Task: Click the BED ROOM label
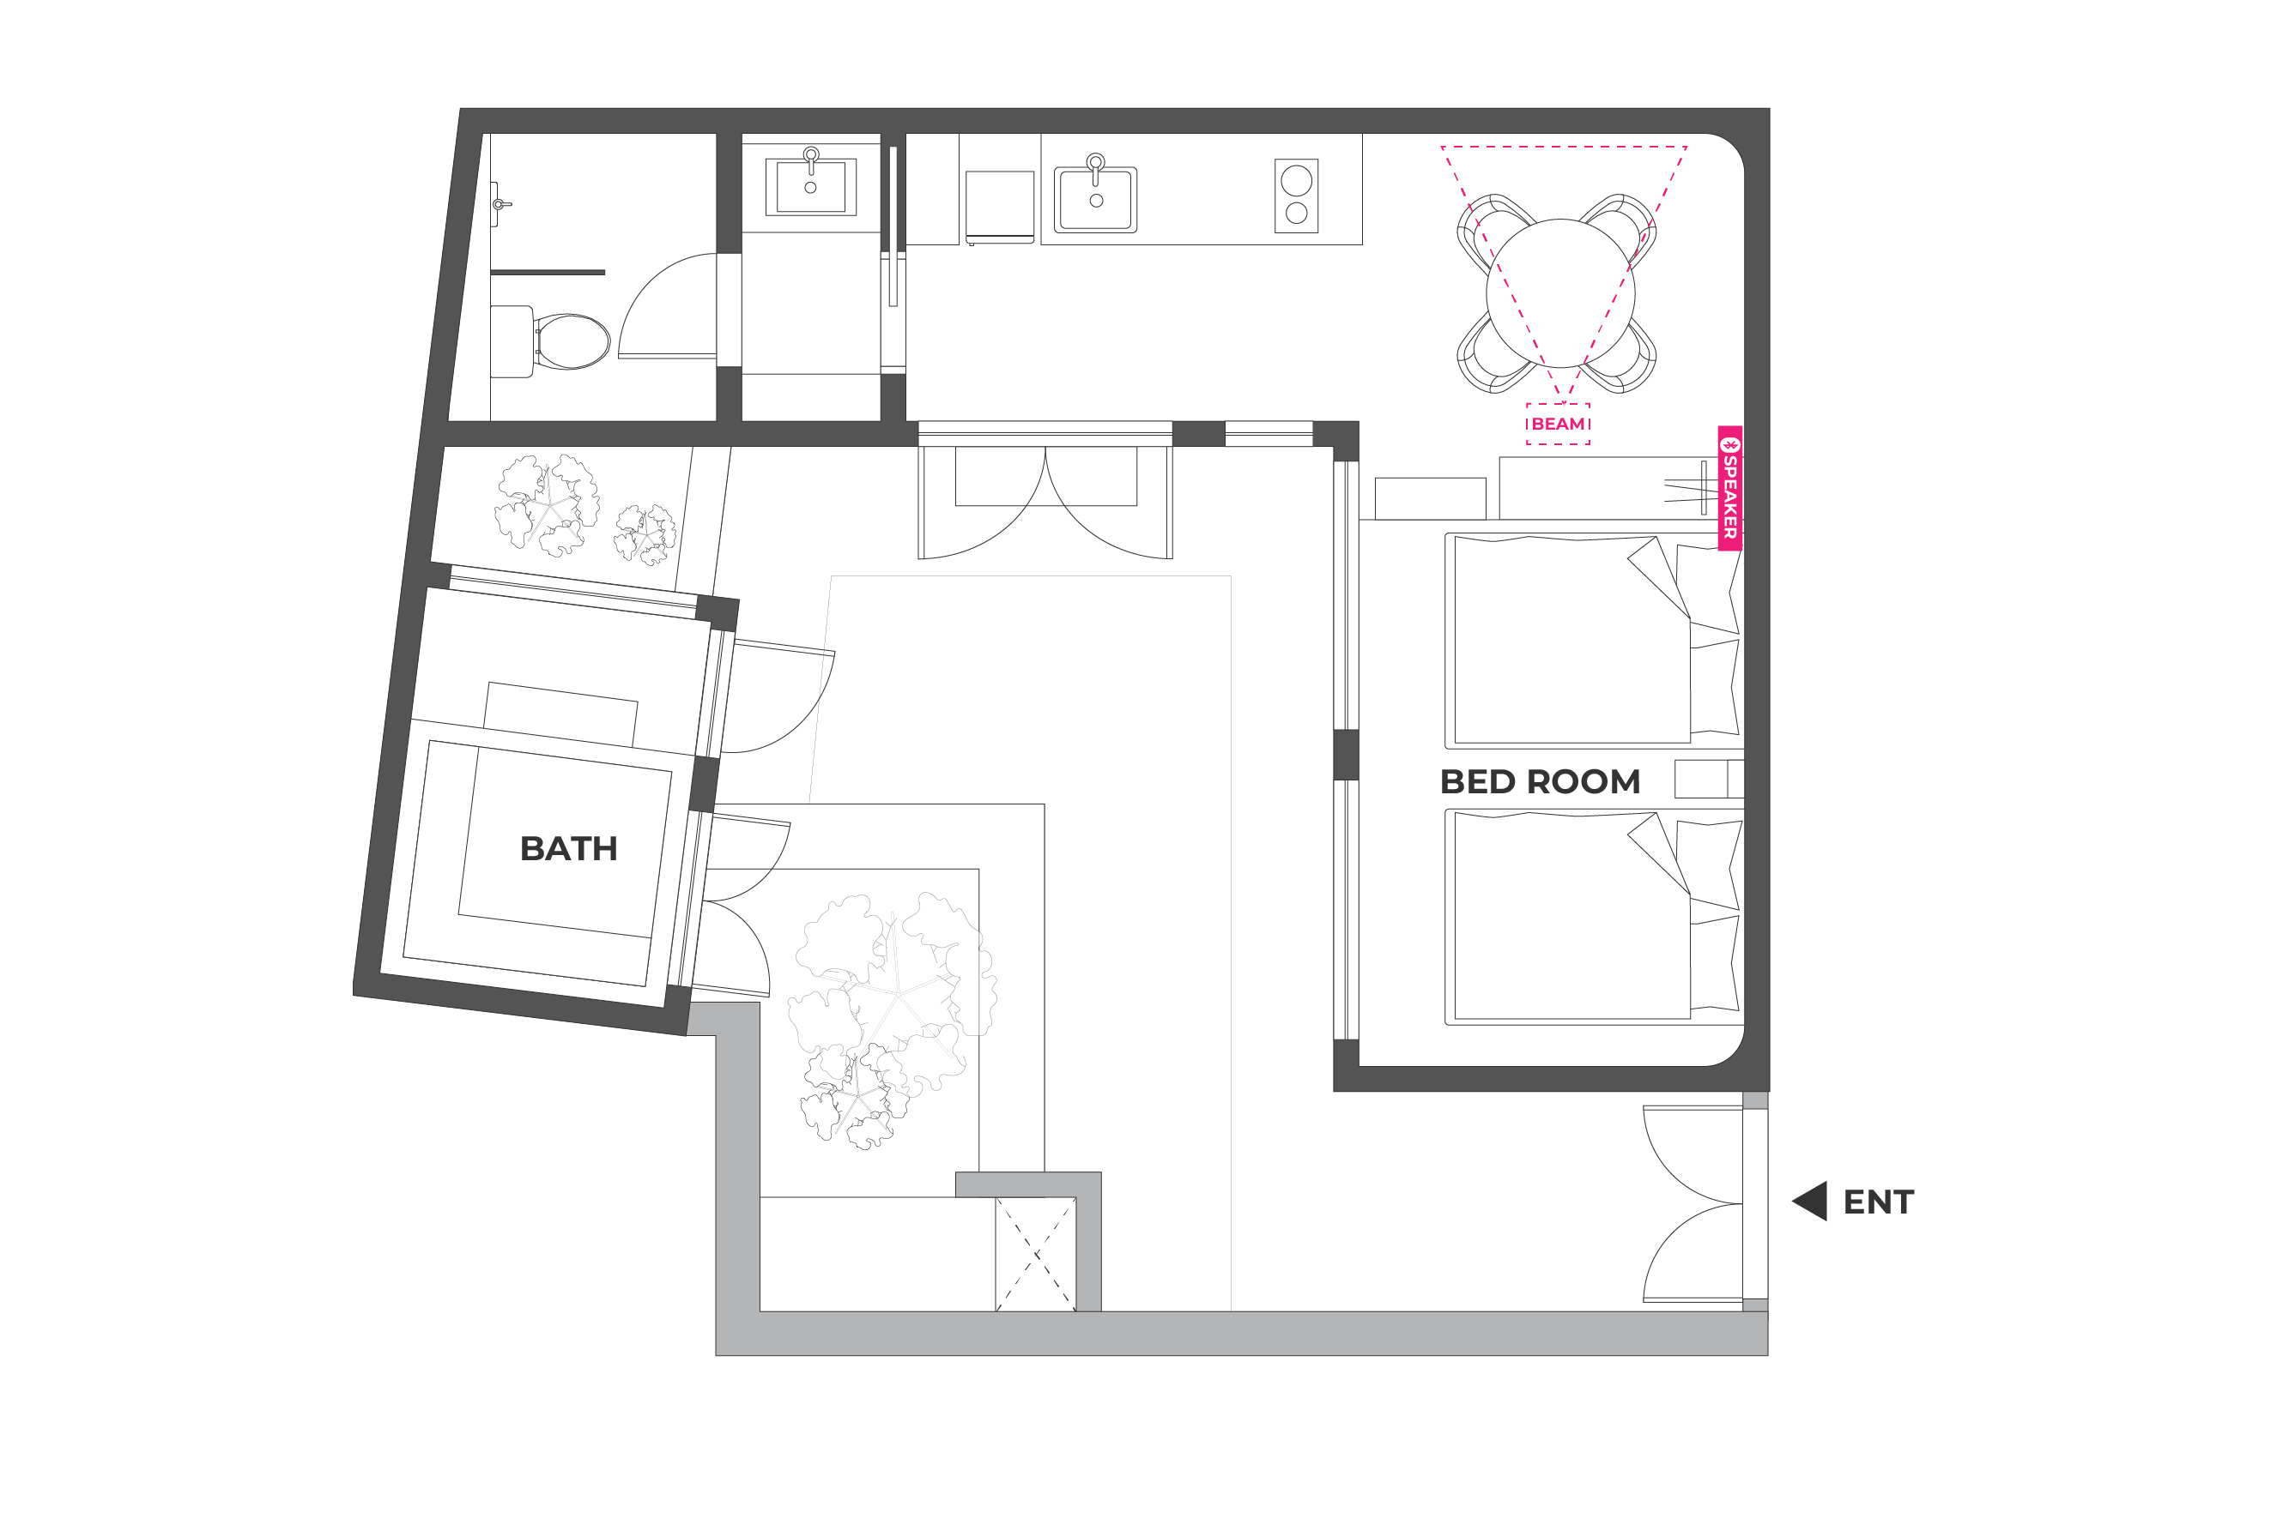(1539, 781)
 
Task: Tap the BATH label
(569, 848)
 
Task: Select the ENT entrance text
(1879, 1202)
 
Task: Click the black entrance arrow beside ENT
(1812, 1202)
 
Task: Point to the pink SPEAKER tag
(1730, 488)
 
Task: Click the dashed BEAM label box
(1558, 424)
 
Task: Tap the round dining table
(1559, 292)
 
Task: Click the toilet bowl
(572, 341)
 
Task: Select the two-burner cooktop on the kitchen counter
(1296, 196)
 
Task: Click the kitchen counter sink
(1096, 198)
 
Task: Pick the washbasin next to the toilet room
(811, 184)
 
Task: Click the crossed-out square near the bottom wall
(1036, 1254)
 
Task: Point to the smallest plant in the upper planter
(645, 533)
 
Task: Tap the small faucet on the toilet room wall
(500, 204)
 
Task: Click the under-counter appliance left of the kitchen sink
(1000, 207)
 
